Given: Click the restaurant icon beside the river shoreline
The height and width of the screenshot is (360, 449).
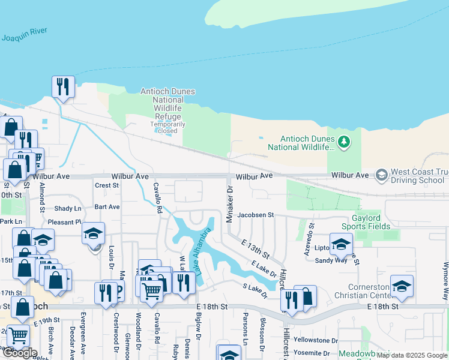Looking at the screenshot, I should (x=63, y=86).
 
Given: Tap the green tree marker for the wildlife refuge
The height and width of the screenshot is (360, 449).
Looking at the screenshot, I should (x=343, y=142).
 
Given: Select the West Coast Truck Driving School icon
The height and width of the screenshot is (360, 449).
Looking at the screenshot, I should (x=381, y=175).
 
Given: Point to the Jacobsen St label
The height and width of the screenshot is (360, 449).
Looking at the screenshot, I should (x=255, y=214).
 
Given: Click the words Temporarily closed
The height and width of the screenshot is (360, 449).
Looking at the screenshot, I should (x=167, y=127).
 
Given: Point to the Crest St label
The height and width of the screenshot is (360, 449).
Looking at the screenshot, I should (x=107, y=185).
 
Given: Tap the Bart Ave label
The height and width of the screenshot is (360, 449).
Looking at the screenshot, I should (x=107, y=206).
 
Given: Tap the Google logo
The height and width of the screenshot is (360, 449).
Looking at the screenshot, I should (x=19, y=352).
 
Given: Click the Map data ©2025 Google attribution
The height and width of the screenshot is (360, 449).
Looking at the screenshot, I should (x=412, y=355).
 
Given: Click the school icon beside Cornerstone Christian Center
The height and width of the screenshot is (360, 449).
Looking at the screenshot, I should (x=402, y=286).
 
